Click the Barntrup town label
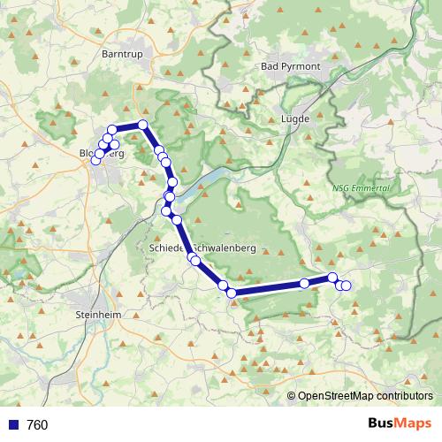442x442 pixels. coord(122,54)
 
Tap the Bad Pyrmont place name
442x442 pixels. coord(290,66)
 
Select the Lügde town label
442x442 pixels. coord(294,118)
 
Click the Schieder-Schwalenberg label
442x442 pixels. coord(203,249)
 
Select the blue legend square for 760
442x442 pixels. coord(12,425)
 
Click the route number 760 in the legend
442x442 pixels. coord(37,425)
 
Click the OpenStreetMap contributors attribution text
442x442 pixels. coord(365,396)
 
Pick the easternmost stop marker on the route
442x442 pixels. coord(347,285)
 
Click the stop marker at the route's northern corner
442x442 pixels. coord(142,125)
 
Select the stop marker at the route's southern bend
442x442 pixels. coord(232,293)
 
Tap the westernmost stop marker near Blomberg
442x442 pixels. coord(95,160)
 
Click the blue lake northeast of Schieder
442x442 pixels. coord(209,182)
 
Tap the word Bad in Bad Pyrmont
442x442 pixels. coord(271,66)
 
